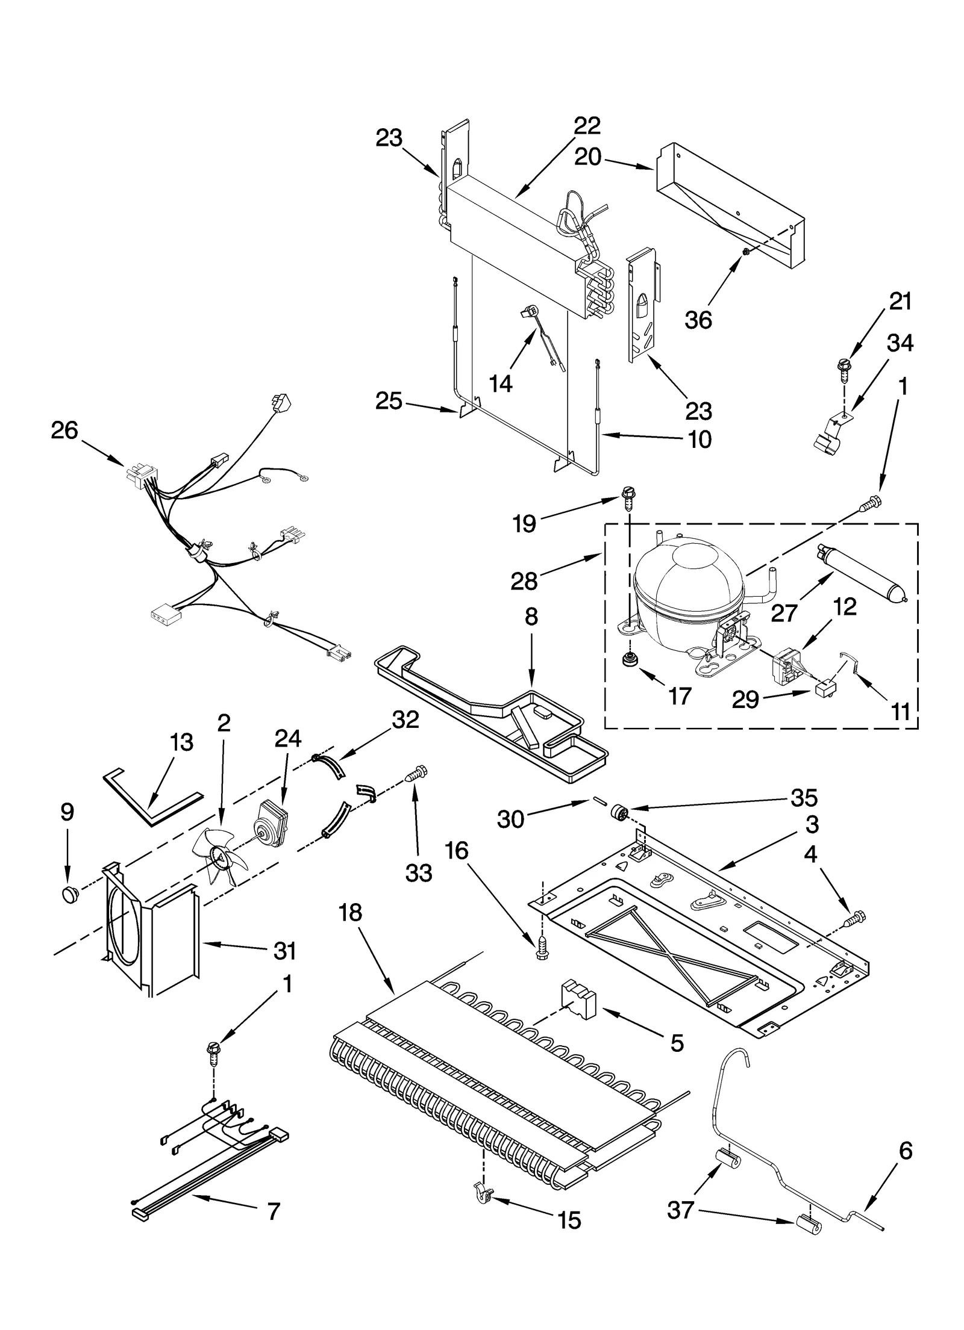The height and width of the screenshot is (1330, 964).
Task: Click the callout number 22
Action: pos(586,126)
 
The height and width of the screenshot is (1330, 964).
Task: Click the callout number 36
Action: pos(698,320)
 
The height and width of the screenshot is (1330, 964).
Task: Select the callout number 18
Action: pos(350,913)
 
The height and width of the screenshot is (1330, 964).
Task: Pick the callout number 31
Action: pos(284,951)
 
